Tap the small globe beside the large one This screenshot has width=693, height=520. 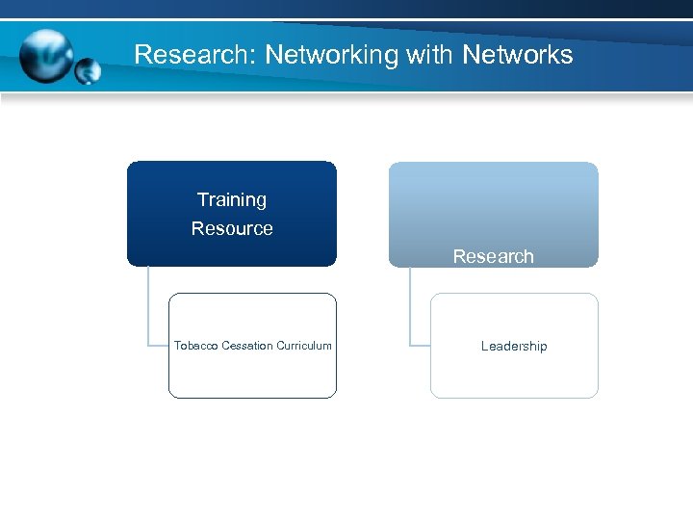coord(88,71)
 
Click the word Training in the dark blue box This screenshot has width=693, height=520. coord(232,200)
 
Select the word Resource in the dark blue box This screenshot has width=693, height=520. coord(232,229)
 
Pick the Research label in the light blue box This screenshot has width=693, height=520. coord(493,257)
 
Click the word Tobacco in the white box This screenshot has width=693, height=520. coord(196,346)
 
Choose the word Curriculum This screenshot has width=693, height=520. coord(304,346)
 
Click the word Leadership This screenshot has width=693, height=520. coord(514,347)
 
